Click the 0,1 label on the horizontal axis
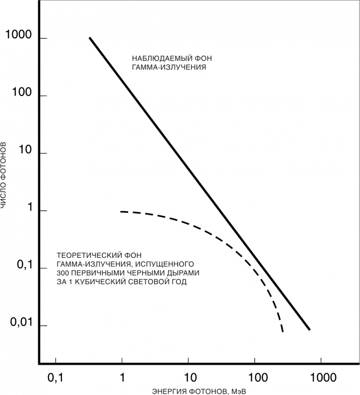pyautogui.click(x=56, y=378)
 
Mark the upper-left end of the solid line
pyautogui.click(x=90, y=38)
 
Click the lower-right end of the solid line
pyautogui.click(x=309, y=329)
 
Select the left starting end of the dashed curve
pyautogui.click(x=121, y=211)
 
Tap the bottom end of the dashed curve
pyautogui.click(x=283, y=331)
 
